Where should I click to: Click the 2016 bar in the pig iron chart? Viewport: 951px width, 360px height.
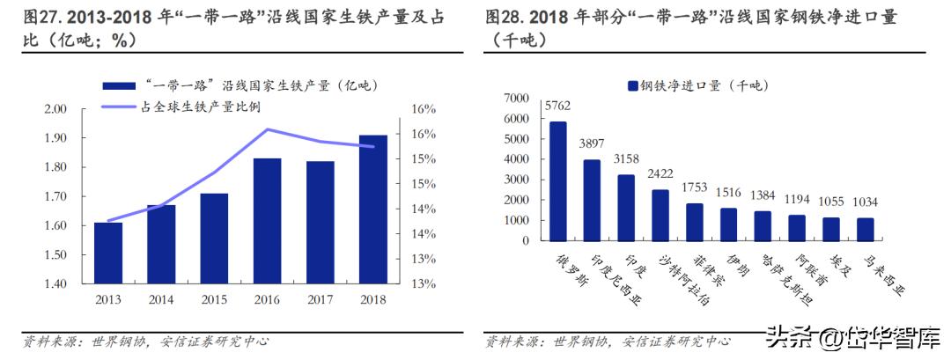[x=267, y=221]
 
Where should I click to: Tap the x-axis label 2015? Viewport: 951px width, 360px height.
[x=214, y=299]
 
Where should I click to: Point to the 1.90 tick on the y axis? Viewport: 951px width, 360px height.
[x=55, y=138]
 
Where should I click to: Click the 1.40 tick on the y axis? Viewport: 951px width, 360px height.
[x=55, y=284]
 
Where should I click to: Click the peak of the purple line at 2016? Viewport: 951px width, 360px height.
[x=267, y=129]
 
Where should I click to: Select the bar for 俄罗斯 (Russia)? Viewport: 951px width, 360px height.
[x=558, y=180]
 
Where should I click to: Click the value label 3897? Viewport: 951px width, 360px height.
[x=593, y=143]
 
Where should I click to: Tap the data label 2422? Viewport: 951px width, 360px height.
[x=660, y=173]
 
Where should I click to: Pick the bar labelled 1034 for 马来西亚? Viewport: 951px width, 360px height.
[x=866, y=229]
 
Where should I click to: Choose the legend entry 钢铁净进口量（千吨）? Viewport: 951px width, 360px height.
[x=696, y=84]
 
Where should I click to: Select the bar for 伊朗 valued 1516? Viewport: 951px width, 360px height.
[x=729, y=224]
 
